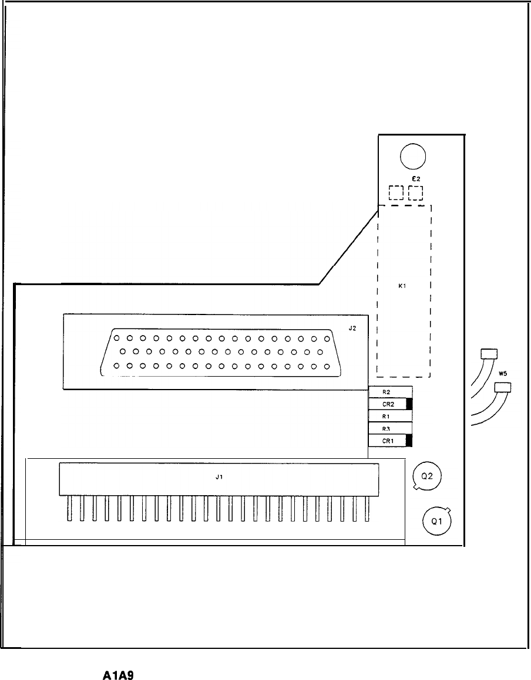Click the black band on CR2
click(x=409, y=404)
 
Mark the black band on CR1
click(x=409, y=441)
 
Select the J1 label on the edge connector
click(x=219, y=478)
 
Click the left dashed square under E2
click(x=396, y=193)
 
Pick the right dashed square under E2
click(x=416, y=193)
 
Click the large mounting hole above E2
click(x=413, y=156)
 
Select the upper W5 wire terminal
click(x=489, y=353)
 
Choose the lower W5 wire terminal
click(x=502, y=387)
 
